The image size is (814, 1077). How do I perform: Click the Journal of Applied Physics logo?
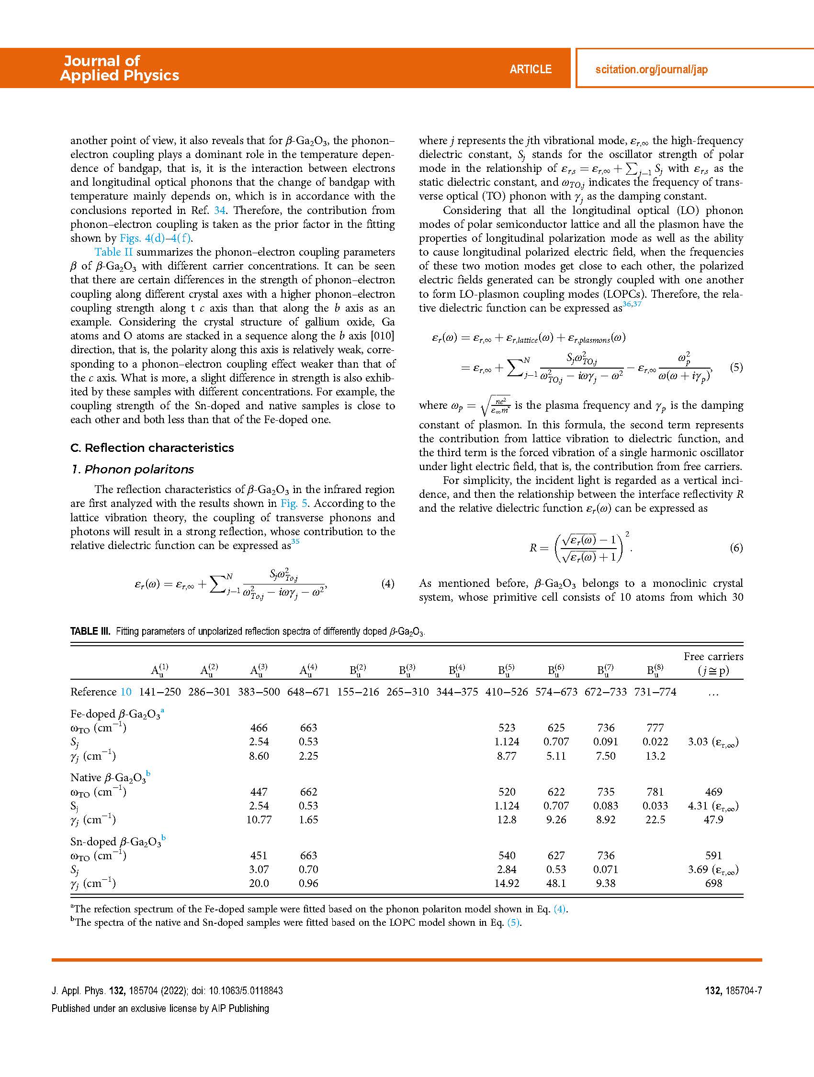[120, 68]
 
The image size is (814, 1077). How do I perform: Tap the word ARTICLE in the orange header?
[531, 69]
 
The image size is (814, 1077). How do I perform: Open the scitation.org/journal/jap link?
[651, 69]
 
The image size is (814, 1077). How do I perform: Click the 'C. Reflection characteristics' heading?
[152, 448]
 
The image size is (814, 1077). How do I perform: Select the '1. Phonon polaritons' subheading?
[132, 470]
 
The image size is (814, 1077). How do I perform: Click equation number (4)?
[387, 583]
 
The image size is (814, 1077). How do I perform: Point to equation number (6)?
[736, 548]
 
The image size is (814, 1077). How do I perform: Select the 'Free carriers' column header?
[713, 656]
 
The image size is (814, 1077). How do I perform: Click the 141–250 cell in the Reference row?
[160, 692]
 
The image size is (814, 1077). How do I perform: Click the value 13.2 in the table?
[655, 756]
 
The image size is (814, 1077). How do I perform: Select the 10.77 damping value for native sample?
[259, 819]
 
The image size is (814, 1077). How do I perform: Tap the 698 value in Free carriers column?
[713, 883]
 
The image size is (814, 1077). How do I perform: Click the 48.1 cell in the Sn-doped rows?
[556, 883]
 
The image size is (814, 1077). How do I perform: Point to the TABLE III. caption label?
[90, 631]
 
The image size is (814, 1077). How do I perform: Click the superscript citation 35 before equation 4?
[295, 542]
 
